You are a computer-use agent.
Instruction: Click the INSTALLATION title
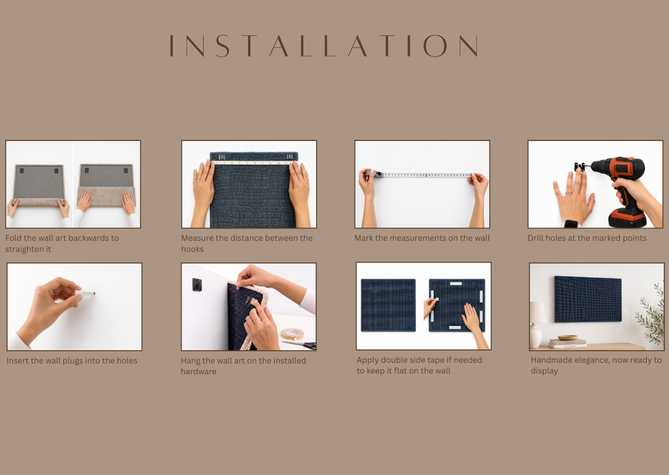[x=324, y=46]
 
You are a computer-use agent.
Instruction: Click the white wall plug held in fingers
[x=85, y=293]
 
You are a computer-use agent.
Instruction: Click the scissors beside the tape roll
[x=299, y=344]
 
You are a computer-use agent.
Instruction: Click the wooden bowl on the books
[x=567, y=338]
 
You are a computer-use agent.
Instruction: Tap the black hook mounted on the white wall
[x=197, y=284]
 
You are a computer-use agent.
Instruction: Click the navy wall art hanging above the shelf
[x=588, y=299]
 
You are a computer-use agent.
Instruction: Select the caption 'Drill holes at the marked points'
[x=587, y=238]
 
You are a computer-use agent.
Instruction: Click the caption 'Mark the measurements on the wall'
[x=422, y=238]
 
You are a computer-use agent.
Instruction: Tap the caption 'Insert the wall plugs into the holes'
[x=72, y=361]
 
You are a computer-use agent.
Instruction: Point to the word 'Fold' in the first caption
[x=13, y=238]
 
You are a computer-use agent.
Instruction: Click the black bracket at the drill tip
[x=579, y=167]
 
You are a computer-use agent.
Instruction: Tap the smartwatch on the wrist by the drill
[x=571, y=224]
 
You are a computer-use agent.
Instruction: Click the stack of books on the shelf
[x=568, y=343]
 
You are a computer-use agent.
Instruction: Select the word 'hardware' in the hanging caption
[x=198, y=372]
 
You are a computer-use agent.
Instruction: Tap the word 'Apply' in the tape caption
[x=367, y=361]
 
